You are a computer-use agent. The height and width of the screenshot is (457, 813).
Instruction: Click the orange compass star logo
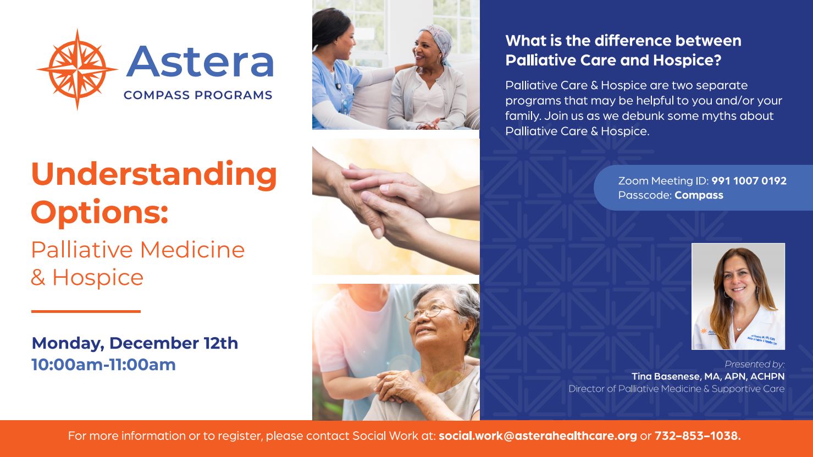coord(77,69)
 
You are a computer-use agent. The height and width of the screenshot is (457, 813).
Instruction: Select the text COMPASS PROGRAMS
coord(198,95)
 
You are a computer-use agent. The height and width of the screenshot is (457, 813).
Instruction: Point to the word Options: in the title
coord(100,213)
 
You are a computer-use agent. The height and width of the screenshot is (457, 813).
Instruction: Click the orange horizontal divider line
coord(86,311)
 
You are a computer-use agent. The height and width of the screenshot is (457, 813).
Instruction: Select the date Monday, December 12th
coord(135,343)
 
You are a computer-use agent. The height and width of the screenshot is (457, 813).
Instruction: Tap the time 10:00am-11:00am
coord(104,365)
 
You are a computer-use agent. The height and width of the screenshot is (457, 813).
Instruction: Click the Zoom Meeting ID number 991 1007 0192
coord(749,181)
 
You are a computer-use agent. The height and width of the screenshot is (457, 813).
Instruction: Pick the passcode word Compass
coord(699,195)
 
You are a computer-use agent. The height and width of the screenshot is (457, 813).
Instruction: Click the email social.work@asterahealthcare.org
coord(538,436)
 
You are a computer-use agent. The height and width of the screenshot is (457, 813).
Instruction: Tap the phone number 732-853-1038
coord(698,436)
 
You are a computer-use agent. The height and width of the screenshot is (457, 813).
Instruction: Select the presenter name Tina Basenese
coord(666,376)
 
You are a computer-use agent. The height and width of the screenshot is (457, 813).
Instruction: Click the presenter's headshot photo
coord(738,296)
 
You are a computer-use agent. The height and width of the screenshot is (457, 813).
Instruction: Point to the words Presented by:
coord(755,364)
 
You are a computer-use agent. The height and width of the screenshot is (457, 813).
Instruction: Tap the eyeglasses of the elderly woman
coord(428,313)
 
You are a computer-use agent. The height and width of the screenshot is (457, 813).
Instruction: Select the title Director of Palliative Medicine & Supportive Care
coord(677,389)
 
